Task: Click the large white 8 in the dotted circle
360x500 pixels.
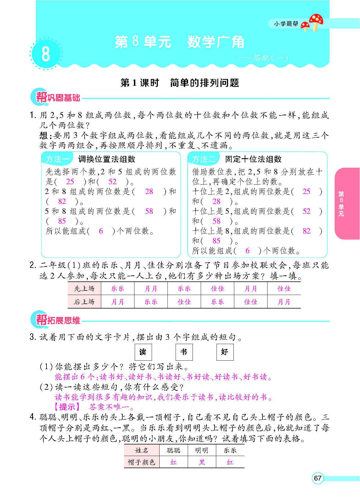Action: click(46, 54)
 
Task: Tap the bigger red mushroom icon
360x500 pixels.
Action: click(316, 21)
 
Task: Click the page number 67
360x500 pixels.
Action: click(318, 478)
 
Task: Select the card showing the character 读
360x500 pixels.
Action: click(143, 352)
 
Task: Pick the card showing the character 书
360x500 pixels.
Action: click(184, 352)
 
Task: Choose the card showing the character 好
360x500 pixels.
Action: click(225, 352)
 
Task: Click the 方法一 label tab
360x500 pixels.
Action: click(57, 159)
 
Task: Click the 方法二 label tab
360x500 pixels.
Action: click(204, 159)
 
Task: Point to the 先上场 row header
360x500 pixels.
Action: click(84, 288)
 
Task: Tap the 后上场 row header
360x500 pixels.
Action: click(84, 302)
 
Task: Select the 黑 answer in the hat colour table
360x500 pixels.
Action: click(202, 462)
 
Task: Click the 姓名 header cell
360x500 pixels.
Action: click(142, 450)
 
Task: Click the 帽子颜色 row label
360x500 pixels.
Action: click(142, 462)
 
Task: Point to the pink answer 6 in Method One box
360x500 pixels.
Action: click(101, 231)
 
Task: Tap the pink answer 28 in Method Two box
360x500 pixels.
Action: click(216, 201)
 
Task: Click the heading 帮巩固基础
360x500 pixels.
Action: click(58, 98)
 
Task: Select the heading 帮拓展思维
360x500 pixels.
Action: click(58, 320)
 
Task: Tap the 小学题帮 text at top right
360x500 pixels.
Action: click(286, 24)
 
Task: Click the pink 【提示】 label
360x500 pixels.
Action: click(67, 407)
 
